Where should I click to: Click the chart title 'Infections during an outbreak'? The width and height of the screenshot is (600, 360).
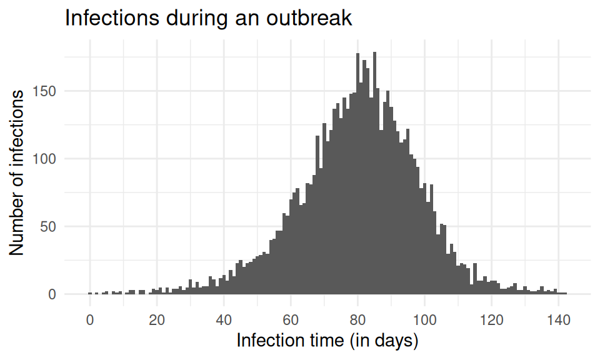209,18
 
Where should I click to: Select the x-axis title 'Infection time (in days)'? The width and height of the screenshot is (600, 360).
327,341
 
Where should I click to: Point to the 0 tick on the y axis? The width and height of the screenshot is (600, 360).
52,294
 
